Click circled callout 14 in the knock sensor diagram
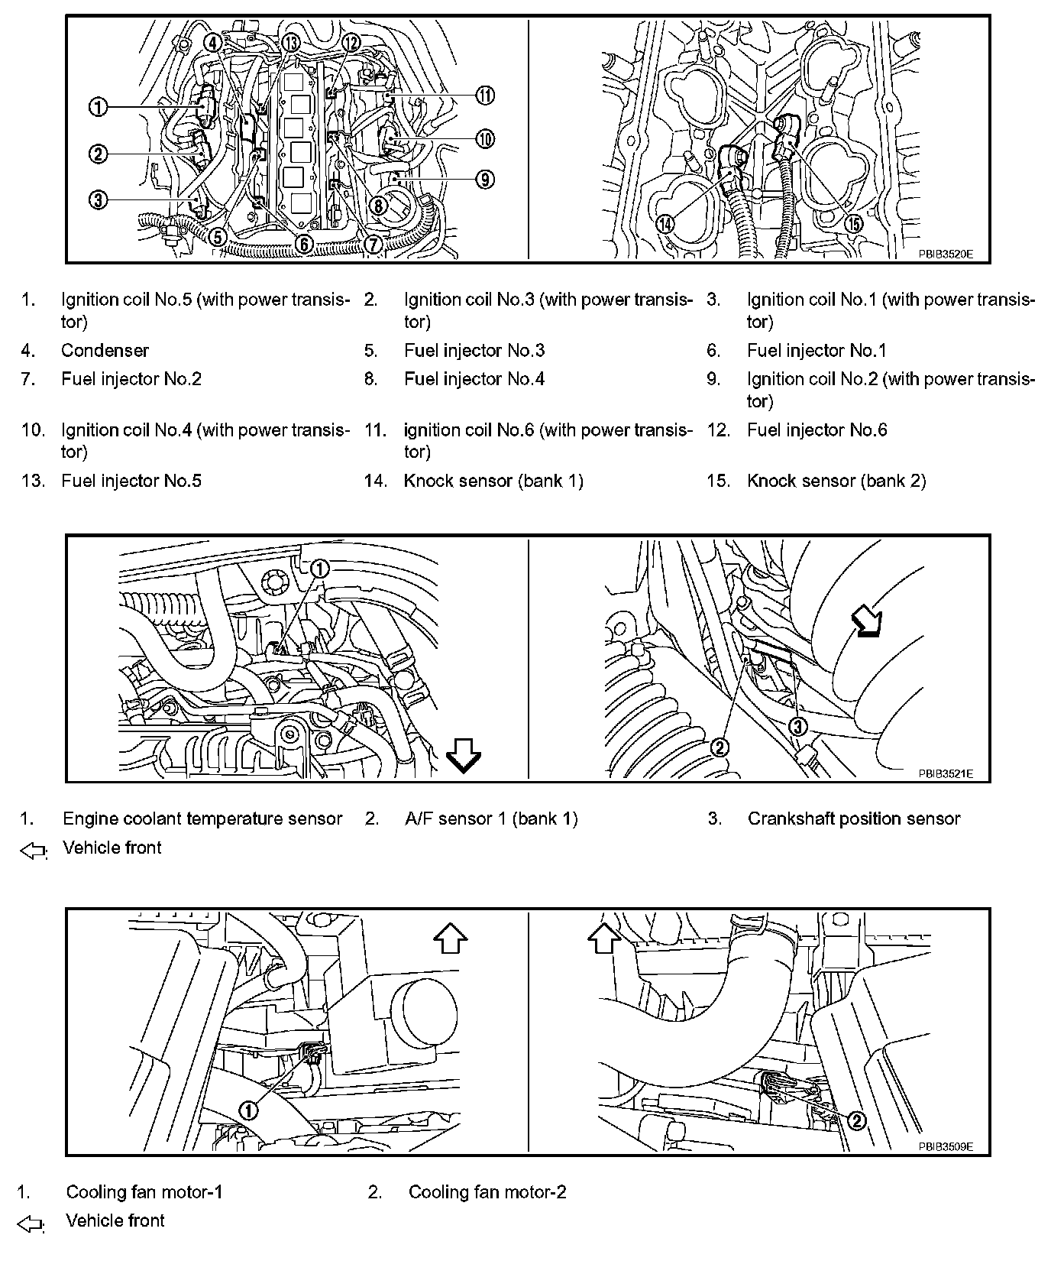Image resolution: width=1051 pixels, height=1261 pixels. click(666, 224)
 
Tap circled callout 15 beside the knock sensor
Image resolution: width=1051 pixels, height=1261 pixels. click(852, 224)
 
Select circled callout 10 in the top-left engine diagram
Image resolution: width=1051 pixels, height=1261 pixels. click(485, 139)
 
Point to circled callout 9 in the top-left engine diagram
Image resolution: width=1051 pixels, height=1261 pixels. click(485, 180)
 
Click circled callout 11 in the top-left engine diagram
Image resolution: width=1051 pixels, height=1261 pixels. click(485, 96)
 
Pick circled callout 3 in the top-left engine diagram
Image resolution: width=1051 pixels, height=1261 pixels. click(98, 201)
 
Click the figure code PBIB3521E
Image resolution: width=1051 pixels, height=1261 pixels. click(946, 773)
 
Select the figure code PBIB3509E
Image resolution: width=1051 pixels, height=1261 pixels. click(946, 1147)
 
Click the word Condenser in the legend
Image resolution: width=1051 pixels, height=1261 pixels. click(105, 351)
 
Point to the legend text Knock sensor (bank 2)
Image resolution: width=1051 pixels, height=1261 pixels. click(836, 481)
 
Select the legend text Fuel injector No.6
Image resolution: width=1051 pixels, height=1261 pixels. click(817, 430)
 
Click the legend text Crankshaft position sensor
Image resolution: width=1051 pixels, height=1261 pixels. click(853, 819)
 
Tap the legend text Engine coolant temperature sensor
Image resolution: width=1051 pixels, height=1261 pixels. click(202, 819)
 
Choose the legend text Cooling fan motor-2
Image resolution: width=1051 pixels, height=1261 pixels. click(487, 1191)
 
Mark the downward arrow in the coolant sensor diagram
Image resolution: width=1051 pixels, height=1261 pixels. click(464, 755)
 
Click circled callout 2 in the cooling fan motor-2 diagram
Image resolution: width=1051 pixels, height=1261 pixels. click(856, 1120)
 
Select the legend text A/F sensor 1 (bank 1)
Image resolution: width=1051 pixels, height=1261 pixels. click(491, 819)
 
